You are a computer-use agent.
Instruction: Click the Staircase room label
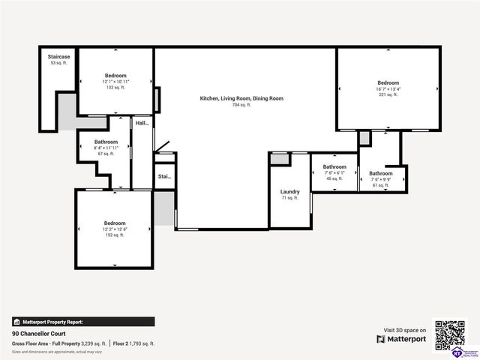[59, 57]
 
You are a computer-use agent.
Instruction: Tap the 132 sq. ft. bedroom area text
[115, 88]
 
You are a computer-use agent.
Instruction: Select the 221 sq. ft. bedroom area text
[388, 94]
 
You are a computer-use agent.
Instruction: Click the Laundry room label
[289, 192]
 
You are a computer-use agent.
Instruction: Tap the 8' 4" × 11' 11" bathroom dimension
[106, 148]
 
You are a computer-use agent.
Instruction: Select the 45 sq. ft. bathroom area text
[334, 179]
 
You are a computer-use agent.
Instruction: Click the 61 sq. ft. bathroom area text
[380, 185]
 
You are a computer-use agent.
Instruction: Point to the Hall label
[142, 123]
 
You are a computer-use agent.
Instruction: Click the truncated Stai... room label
[164, 177]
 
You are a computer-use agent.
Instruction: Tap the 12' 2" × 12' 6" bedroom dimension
[115, 229]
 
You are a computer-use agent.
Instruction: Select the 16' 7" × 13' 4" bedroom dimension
[388, 88]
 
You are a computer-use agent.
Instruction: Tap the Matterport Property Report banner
[83, 321]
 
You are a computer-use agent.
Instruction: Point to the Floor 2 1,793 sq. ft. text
[134, 343]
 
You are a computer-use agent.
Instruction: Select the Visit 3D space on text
[404, 330]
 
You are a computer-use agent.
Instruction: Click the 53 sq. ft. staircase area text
[59, 63]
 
